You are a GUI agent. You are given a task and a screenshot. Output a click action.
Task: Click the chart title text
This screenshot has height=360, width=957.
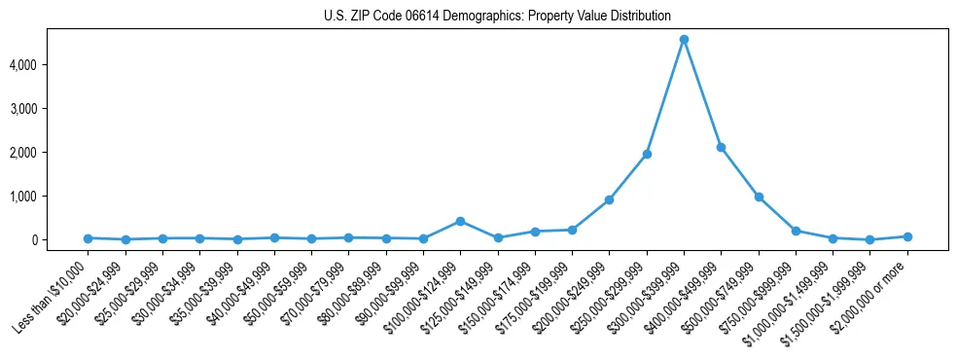pyautogui.click(x=497, y=16)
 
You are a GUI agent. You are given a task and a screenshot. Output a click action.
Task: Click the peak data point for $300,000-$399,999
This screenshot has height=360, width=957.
pyautogui.click(x=684, y=39)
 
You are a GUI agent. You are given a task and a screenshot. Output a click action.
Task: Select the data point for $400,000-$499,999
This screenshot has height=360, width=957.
pyautogui.click(x=721, y=147)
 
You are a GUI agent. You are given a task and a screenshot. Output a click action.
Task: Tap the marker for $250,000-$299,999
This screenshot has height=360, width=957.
pyautogui.click(x=647, y=154)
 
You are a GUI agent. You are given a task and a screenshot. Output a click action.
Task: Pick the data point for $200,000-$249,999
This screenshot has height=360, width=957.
pyautogui.click(x=609, y=199)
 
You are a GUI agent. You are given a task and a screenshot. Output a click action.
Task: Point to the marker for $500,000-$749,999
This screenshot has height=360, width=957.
pyautogui.click(x=759, y=197)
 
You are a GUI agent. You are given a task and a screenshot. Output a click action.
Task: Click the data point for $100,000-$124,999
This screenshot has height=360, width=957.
pyautogui.click(x=460, y=221)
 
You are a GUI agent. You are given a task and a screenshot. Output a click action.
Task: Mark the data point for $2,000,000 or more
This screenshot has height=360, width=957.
pyautogui.click(x=907, y=236)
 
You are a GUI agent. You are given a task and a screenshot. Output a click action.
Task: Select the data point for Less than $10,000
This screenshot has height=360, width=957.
pyautogui.click(x=88, y=237)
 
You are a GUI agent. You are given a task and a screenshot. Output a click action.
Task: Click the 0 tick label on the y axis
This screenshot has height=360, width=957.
pyautogui.click(x=60, y=239)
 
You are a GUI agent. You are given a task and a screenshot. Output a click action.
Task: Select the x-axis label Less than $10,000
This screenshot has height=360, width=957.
pyautogui.click(x=51, y=295)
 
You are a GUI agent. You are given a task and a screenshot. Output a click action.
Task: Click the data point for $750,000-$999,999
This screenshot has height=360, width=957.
pyautogui.click(x=796, y=231)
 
